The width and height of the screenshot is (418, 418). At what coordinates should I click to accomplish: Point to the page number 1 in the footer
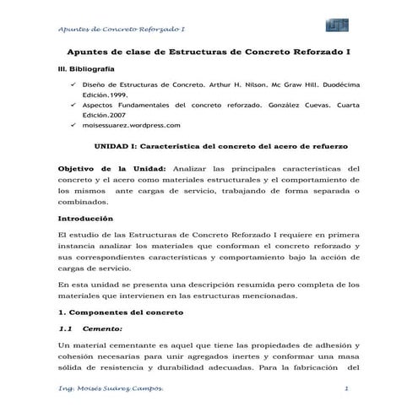click(x=348, y=386)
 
